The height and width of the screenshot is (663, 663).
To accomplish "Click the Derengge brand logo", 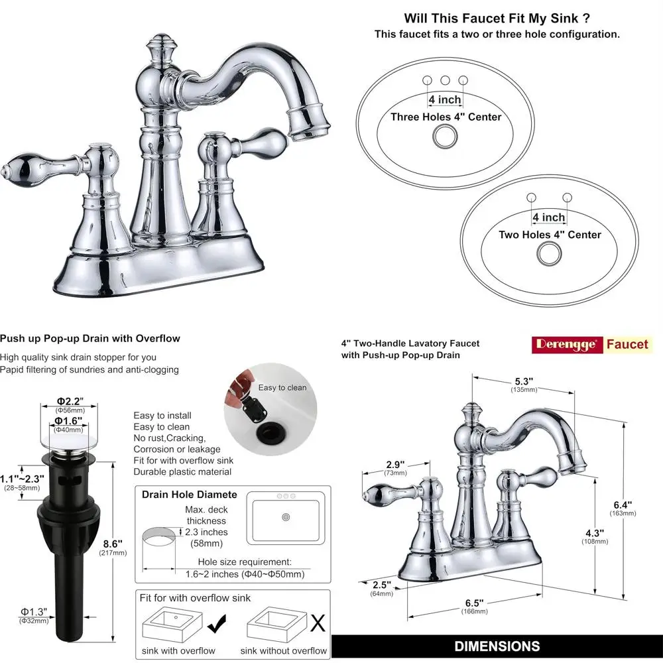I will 568,344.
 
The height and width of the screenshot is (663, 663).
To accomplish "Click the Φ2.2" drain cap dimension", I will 68,401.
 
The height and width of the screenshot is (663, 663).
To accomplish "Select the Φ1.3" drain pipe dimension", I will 33,611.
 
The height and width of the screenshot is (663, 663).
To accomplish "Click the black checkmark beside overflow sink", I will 216,623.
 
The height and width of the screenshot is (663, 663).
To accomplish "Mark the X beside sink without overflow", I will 318,623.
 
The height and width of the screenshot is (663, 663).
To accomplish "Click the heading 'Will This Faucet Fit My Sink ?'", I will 497,19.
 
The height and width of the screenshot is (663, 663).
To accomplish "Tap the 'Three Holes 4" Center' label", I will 446,117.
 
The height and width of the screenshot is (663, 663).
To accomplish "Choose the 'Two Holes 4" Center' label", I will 550,235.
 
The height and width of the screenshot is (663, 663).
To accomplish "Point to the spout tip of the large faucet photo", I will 309,129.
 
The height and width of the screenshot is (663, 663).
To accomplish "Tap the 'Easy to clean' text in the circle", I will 282,388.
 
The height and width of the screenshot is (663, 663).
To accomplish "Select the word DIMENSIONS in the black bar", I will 497,646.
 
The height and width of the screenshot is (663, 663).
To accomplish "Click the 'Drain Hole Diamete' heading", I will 189,495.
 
